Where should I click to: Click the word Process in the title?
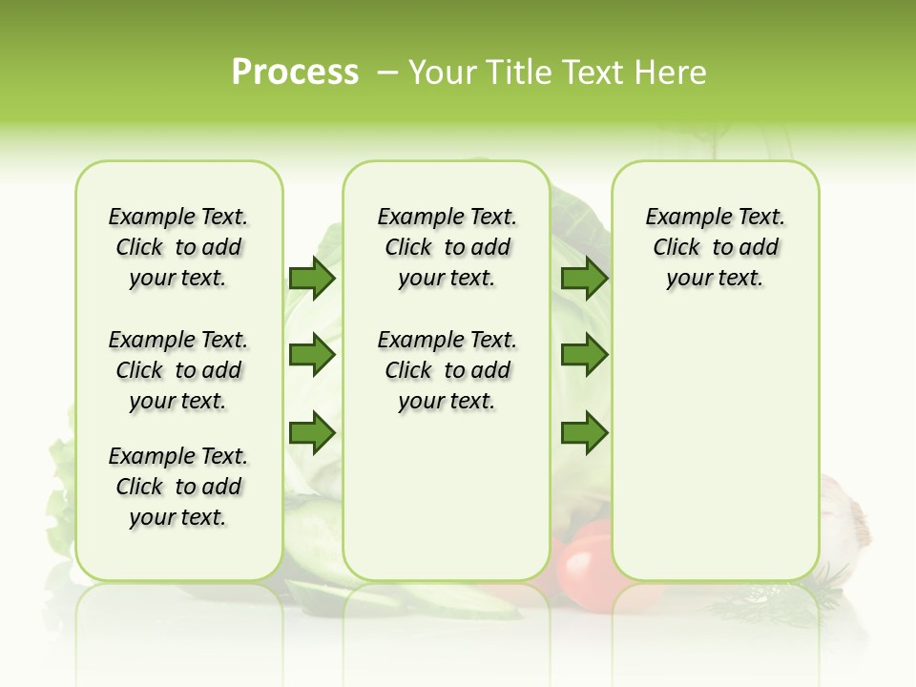tap(295, 73)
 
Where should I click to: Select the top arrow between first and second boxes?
tap(312, 278)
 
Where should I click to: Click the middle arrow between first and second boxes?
tap(312, 355)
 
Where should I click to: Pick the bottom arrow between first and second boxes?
tap(312, 433)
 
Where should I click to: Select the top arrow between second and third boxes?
tap(584, 278)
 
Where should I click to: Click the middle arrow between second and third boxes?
tap(584, 355)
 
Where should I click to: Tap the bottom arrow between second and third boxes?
tap(584, 433)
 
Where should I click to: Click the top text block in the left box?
tap(178, 247)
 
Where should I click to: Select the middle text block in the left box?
tap(178, 370)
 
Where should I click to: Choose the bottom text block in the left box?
tap(178, 487)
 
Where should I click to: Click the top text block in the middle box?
tap(448, 247)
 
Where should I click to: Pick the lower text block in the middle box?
tap(448, 370)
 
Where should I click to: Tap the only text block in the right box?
tap(716, 247)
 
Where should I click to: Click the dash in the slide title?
tap(387, 73)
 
